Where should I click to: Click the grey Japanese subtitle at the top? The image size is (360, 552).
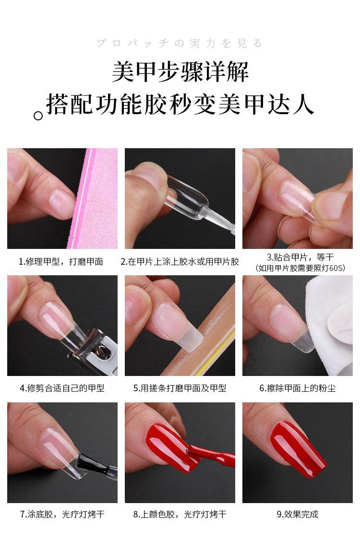[180, 44]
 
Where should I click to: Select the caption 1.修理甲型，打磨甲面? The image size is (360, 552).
[61, 262]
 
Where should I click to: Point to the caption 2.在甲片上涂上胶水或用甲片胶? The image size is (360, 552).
[180, 262]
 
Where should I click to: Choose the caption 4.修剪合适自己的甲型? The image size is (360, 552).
[62, 388]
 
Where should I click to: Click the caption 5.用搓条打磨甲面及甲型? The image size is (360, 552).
[180, 388]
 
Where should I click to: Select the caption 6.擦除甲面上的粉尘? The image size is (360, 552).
[298, 388]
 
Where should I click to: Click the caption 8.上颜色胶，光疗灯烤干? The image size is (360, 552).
[180, 515]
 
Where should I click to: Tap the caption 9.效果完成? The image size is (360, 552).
[298, 515]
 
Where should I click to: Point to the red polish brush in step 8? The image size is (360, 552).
[211, 456]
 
